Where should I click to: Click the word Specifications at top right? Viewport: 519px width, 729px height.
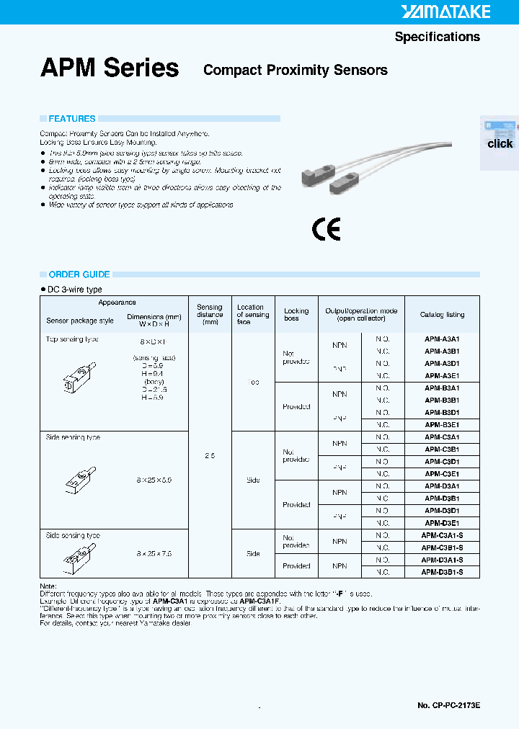pyautogui.click(x=437, y=37)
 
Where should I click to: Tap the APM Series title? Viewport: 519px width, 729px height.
pyautogui.click(x=110, y=68)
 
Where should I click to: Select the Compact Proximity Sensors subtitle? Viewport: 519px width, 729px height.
pyautogui.click(x=296, y=70)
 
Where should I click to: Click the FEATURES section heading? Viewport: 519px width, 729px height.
pyautogui.click(x=71, y=119)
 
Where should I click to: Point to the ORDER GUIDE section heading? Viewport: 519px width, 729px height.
pyautogui.click(x=79, y=274)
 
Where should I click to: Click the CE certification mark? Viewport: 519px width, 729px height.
pyautogui.click(x=326, y=229)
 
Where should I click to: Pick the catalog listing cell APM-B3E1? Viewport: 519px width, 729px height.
pyautogui.click(x=442, y=425)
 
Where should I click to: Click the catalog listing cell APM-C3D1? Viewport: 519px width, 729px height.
pyautogui.click(x=442, y=462)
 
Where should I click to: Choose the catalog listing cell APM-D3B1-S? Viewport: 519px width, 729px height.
pyautogui.click(x=442, y=572)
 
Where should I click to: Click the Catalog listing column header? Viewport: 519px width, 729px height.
pyautogui.click(x=442, y=315)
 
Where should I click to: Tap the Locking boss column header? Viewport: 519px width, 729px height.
pyautogui.click(x=296, y=315)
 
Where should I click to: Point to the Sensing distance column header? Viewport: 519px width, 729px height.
pyautogui.click(x=210, y=315)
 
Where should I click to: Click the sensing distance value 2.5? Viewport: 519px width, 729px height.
pyautogui.click(x=210, y=456)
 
